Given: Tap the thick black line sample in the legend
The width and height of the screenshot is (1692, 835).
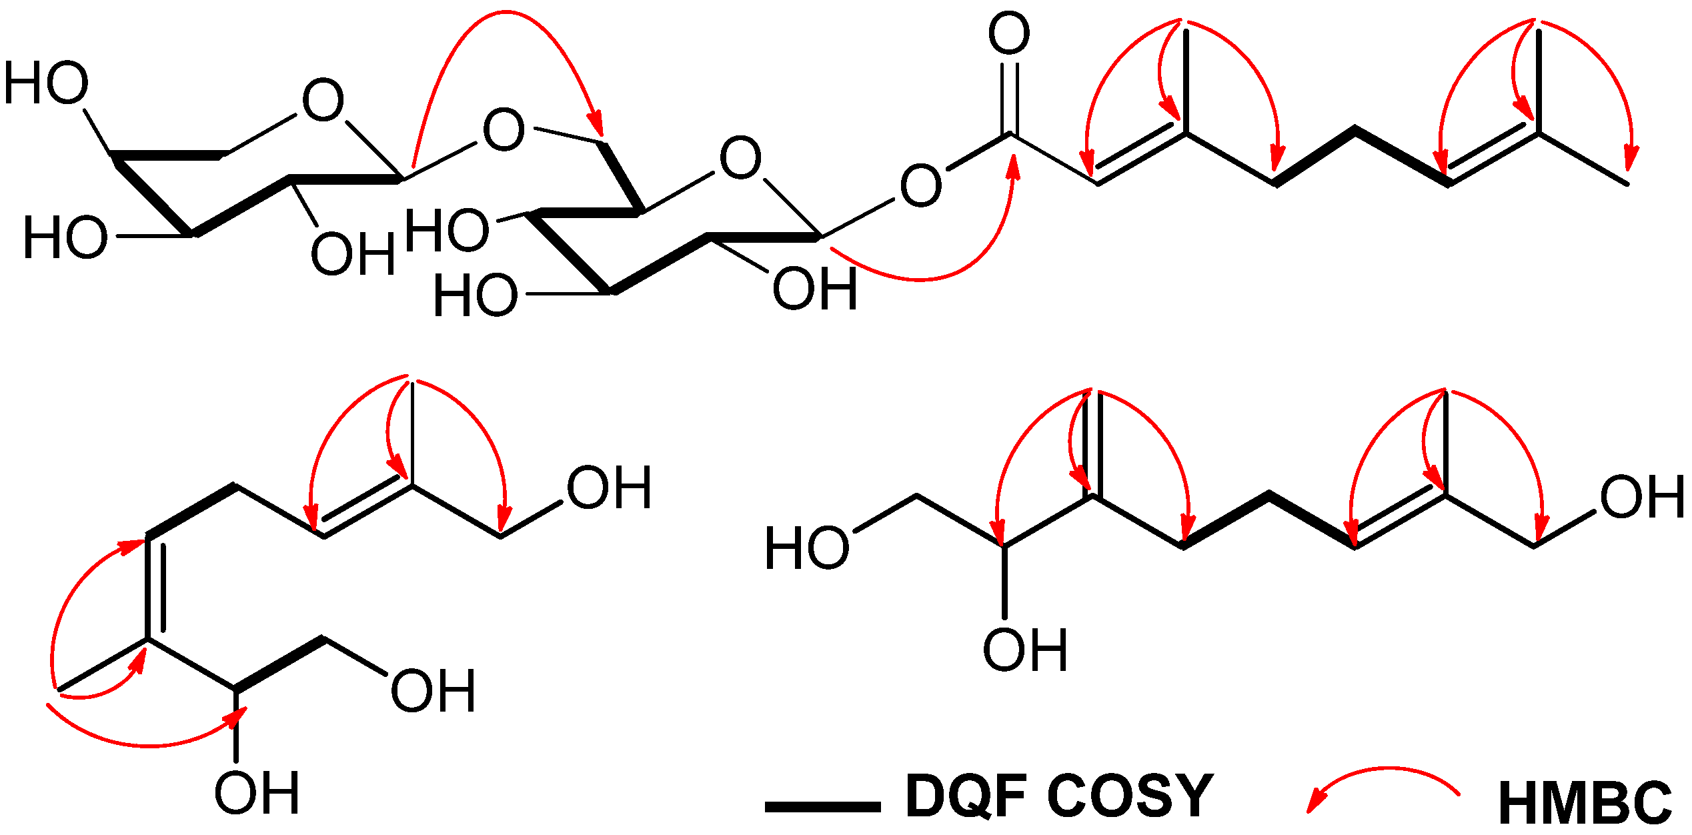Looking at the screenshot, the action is pos(822,807).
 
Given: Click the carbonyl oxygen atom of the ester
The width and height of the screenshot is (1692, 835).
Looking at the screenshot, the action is pos(1009,33).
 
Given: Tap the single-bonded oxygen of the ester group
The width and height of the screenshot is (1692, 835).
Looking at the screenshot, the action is pos(920,185).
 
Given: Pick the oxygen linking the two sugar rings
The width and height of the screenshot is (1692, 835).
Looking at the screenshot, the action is pos(504,129).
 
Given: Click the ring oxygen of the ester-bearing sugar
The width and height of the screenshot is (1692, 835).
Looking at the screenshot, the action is pos(740,158).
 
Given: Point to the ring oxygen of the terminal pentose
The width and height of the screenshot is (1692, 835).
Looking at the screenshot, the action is pos(323,101).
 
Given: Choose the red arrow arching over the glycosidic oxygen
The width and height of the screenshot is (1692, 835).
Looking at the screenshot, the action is pos(507,27).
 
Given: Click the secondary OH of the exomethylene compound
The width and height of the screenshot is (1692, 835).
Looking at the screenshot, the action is pos(1026,650).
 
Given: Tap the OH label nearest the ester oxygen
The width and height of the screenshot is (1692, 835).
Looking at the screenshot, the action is pos(815,289).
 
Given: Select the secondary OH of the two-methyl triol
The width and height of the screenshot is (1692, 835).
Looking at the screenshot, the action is pos(257,793).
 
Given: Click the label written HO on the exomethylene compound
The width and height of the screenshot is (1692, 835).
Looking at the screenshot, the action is pos(807,548).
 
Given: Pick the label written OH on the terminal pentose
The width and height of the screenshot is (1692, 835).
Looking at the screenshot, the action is pos(353,255).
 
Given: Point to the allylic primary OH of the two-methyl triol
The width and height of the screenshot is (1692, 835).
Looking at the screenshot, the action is pos(609,488).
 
